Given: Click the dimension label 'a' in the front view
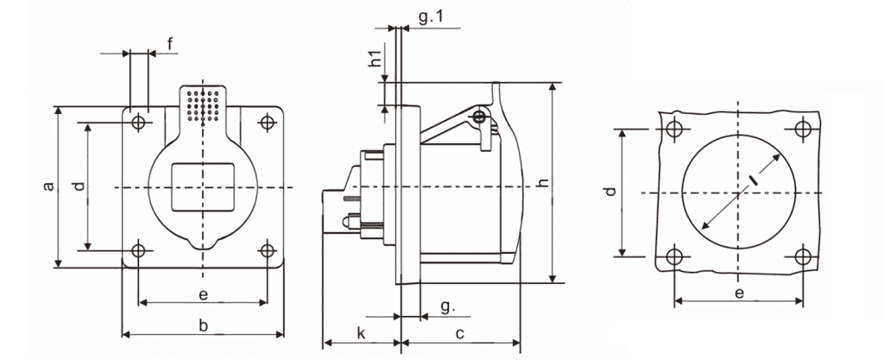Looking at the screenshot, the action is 49,186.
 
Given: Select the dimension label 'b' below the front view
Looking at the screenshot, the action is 204,325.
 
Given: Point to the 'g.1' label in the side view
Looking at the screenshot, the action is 432,17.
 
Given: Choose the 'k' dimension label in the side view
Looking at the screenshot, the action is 362,333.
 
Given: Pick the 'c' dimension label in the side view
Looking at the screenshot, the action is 459,334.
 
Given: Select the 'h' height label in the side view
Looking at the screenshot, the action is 542,183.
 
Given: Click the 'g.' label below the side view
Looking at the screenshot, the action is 448,308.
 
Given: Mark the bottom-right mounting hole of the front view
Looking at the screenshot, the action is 268,249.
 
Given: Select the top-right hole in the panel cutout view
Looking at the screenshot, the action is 803,129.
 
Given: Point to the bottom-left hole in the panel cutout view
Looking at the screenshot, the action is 673,257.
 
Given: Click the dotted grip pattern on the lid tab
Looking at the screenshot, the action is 203,104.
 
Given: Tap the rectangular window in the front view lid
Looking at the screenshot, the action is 203,187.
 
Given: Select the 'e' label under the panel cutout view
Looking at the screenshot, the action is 739,293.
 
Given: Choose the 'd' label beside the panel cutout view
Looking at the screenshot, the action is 610,192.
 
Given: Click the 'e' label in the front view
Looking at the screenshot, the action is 204,294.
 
